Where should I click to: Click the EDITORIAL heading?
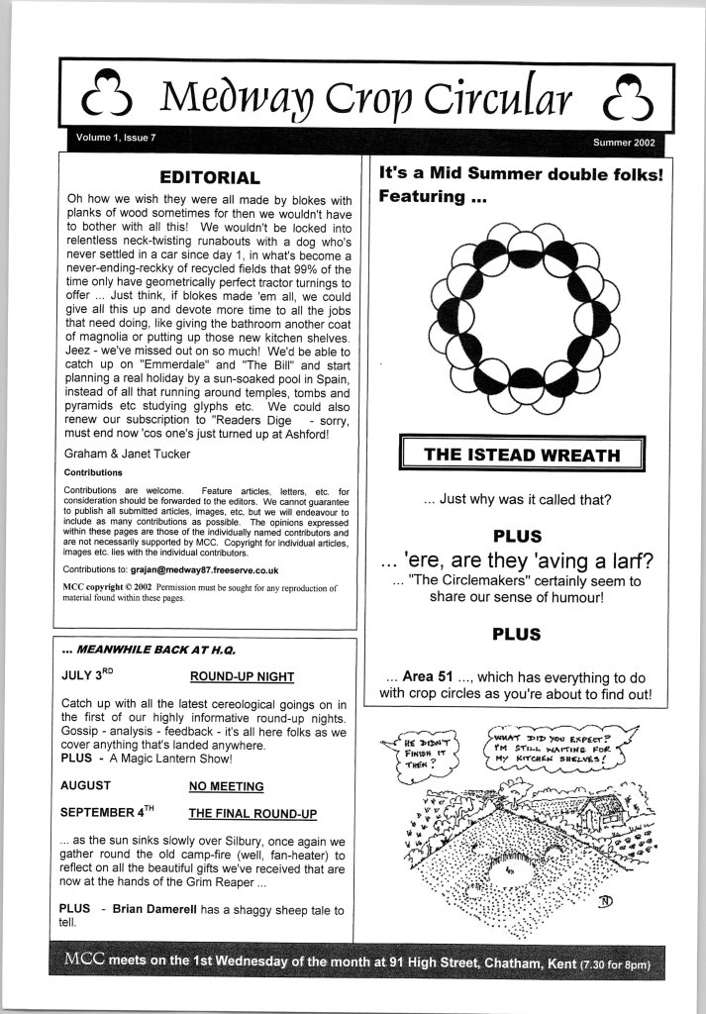pos(210,178)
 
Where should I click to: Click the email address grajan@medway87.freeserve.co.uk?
pos(204,570)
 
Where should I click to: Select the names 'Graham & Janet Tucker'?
pos(124,456)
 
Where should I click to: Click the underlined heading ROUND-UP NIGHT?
pos(242,677)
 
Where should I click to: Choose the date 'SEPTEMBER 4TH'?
pos(108,812)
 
